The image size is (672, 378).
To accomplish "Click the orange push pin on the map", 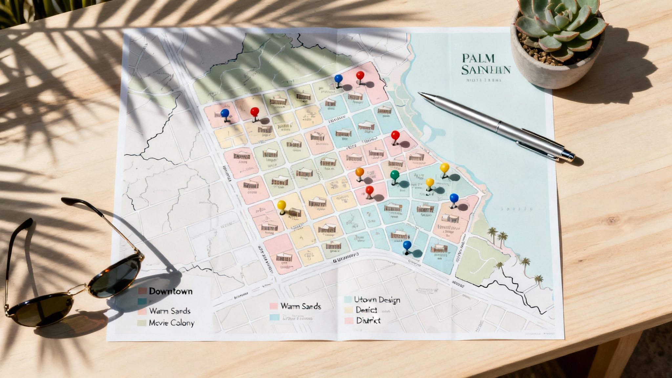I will click(x=360, y=172).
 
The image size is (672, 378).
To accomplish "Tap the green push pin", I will click(x=395, y=175).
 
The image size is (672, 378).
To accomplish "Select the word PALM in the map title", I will click(x=477, y=58).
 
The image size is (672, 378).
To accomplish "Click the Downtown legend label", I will click(x=171, y=291).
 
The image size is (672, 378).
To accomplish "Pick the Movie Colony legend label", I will click(x=172, y=323).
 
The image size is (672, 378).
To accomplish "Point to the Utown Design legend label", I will click(x=377, y=300).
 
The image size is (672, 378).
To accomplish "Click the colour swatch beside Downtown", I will click(x=142, y=291).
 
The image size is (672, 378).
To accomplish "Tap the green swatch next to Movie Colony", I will click(x=141, y=323).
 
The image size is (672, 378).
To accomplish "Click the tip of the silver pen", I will click(x=420, y=94).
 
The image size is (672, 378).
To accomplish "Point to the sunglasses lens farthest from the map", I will click(x=39, y=310).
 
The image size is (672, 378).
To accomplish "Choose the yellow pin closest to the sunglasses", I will click(x=282, y=205).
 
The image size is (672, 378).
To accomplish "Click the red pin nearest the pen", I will click(x=395, y=135).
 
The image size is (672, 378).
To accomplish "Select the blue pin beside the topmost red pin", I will click(x=338, y=79).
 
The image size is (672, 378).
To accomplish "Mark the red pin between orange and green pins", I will click(x=369, y=190).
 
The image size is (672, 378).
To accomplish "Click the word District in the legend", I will click(x=368, y=320).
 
